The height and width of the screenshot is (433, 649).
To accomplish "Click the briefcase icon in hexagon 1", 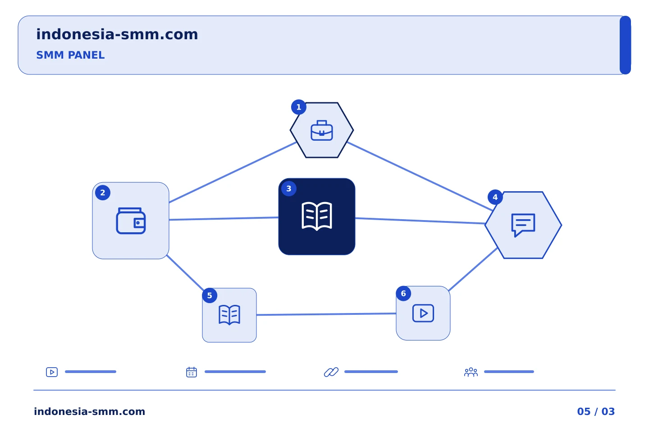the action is tap(322, 130).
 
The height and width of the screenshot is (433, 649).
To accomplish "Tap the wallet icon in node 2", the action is tap(131, 221).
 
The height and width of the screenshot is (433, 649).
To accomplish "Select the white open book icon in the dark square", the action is tap(317, 216).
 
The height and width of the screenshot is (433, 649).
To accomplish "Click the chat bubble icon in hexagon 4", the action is tap(523, 225).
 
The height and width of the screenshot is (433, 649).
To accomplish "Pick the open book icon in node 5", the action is tap(229, 315).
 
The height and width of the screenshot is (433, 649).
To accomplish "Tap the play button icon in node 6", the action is tap(423, 313).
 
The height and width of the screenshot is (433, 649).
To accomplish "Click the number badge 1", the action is tap(299, 107).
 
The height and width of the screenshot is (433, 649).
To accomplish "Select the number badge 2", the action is tap(103, 193).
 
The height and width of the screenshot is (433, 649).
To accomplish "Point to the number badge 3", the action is tap(288, 189).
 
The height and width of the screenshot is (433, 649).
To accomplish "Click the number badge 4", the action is tap(495, 197).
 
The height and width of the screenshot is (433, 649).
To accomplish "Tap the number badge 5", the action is tap(210, 295).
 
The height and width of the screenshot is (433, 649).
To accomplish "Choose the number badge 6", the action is tap(403, 294).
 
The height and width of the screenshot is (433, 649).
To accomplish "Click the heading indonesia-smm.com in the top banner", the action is tap(117, 34).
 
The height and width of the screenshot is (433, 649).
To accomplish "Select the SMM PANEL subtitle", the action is tap(70, 55).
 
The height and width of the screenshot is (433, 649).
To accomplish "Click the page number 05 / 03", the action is tap(596, 411).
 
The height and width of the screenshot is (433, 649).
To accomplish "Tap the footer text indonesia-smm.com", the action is tap(89, 411).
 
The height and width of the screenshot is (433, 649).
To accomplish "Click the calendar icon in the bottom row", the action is tap(192, 372).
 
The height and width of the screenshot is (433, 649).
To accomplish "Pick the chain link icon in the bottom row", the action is tap(331, 372).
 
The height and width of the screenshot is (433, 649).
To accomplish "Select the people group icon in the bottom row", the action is tap(471, 372).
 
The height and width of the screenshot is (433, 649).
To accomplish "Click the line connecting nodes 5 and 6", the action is tap(326, 314).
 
